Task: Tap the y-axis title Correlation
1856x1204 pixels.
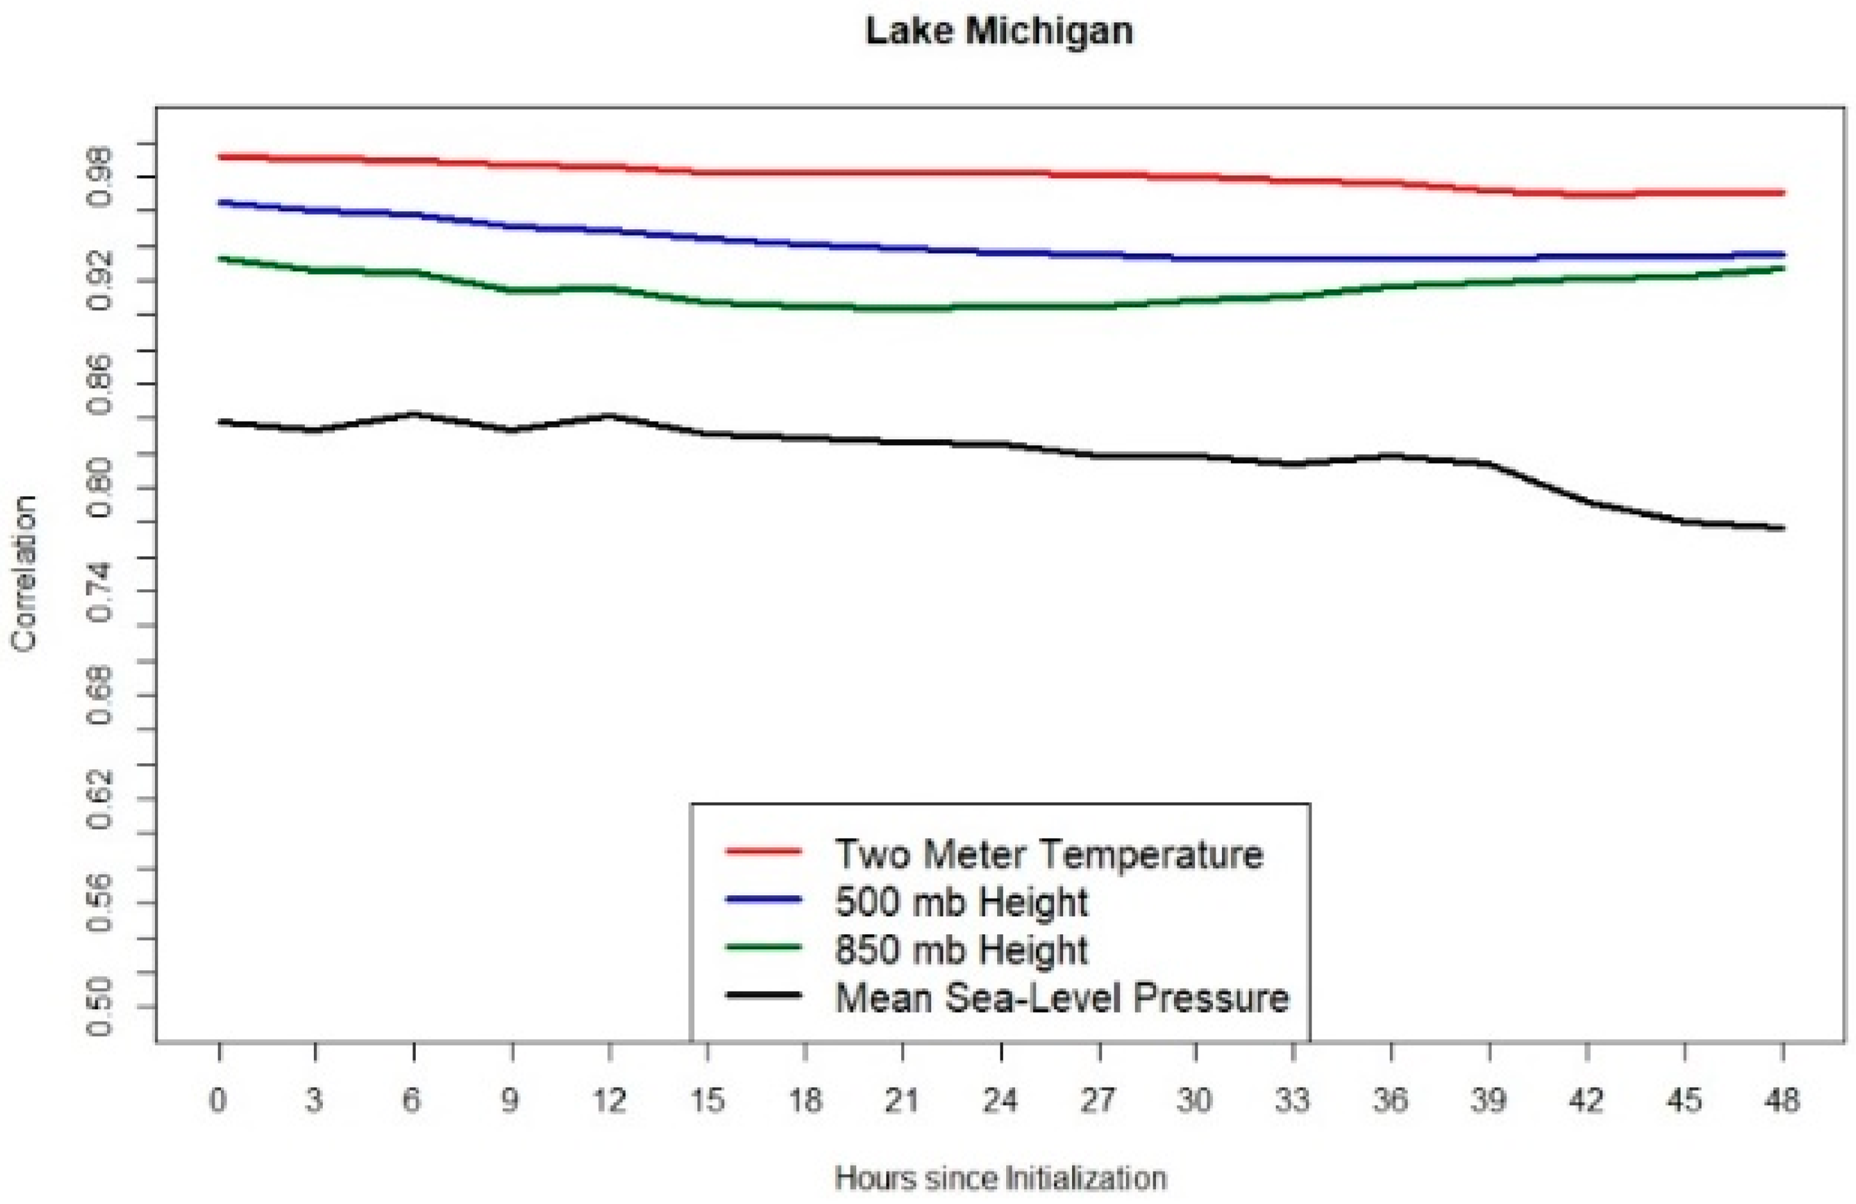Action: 24,573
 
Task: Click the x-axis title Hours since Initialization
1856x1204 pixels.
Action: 1000,1178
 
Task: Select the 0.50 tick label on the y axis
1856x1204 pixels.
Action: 101,1007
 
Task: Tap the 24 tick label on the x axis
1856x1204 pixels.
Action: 1000,1100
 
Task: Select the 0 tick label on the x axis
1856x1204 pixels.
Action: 218,1100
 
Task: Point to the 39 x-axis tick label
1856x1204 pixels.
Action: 1488,1100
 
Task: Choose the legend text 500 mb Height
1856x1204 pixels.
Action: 961,903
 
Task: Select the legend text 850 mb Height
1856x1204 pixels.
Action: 961,950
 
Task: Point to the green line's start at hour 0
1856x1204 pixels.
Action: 220,258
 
